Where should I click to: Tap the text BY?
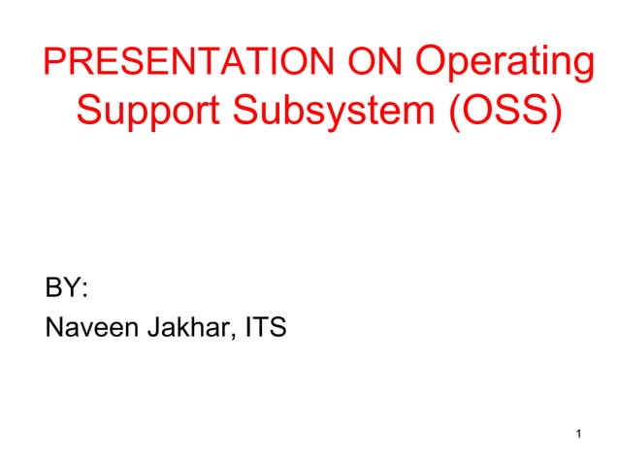(66, 288)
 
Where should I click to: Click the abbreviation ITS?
(265, 329)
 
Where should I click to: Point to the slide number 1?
(578, 433)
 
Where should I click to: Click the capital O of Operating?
(430, 64)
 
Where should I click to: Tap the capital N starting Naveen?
(54, 329)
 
